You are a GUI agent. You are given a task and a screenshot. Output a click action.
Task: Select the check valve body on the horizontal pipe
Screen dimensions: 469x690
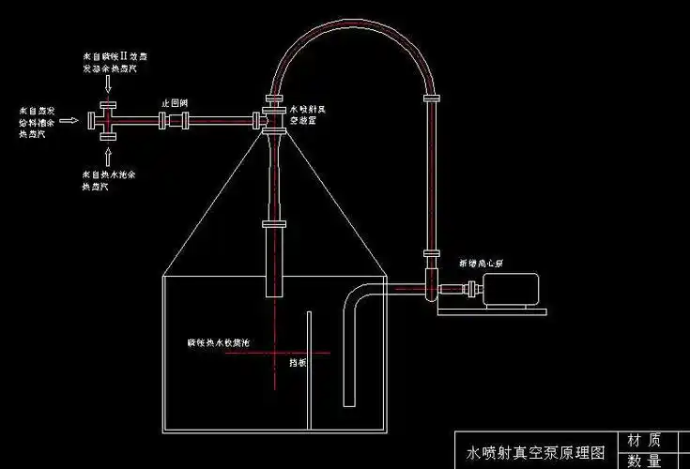(x=176, y=120)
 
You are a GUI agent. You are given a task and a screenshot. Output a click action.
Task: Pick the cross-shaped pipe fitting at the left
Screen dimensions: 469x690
(x=107, y=120)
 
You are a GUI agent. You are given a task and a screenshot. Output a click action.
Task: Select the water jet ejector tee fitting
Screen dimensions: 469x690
(x=274, y=120)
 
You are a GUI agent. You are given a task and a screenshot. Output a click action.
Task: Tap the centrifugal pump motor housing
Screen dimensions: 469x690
(x=512, y=288)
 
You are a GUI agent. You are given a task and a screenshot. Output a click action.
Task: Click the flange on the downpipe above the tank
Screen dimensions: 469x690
(x=274, y=224)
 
